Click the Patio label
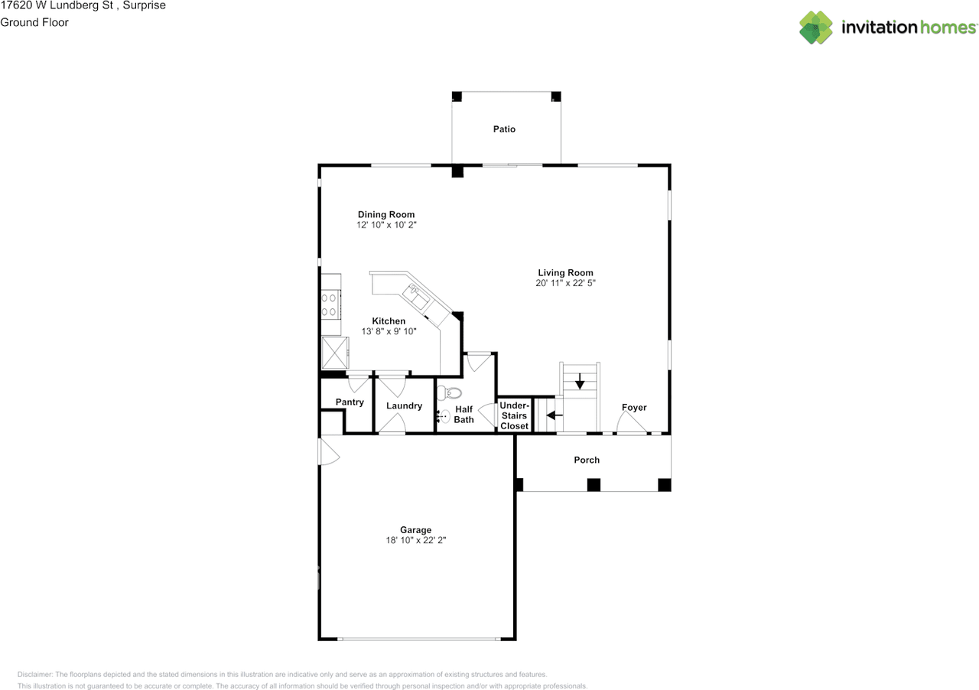(504, 129)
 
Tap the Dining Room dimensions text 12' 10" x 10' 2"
(386, 226)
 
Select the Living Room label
(565, 272)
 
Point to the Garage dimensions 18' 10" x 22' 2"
(415, 540)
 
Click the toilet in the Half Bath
(452, 393)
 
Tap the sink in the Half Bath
(445, 417)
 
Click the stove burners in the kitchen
(330, 304)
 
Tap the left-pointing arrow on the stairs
(555, 415)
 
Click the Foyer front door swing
(631, 424)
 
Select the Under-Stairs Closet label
(514, 415)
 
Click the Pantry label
(350, 402)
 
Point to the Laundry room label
(404, 405)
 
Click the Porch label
(587, 460)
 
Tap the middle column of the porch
(594, 484)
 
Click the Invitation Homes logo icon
(816, 28)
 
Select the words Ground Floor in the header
(34, 22)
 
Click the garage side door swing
(330, 451)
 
